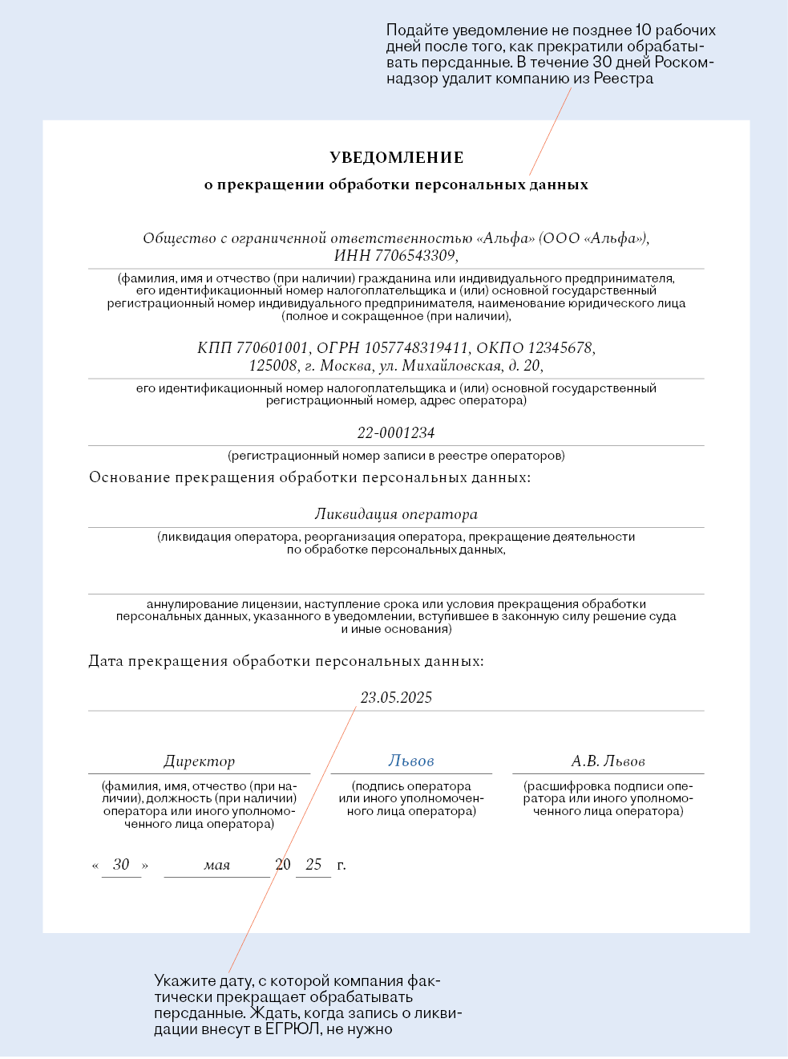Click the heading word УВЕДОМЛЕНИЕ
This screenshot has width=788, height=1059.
click(396, 158)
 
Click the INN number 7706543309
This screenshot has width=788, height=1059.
click(415, 256)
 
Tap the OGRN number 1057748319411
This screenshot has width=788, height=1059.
click(416, 348)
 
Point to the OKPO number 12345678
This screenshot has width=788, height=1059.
click(560, 348)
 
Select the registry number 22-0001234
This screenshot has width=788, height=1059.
click(396, 433)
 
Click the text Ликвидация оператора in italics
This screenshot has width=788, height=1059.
click(396, 514)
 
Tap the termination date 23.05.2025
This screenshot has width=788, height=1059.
click(396, 698)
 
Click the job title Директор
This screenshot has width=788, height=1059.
click(200, 761)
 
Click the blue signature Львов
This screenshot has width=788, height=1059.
click(411, 761)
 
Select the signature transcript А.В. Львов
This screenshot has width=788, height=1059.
click(608, 761)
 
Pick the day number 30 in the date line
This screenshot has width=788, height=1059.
click(121, 865)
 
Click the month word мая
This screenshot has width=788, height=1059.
click(217, 866)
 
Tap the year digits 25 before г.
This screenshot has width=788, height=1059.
click(313, 865)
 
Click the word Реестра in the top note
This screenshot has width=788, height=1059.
click(623, 79)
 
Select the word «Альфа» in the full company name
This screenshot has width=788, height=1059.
click(505, 238)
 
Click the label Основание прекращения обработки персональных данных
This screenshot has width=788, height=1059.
click(309, 478)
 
